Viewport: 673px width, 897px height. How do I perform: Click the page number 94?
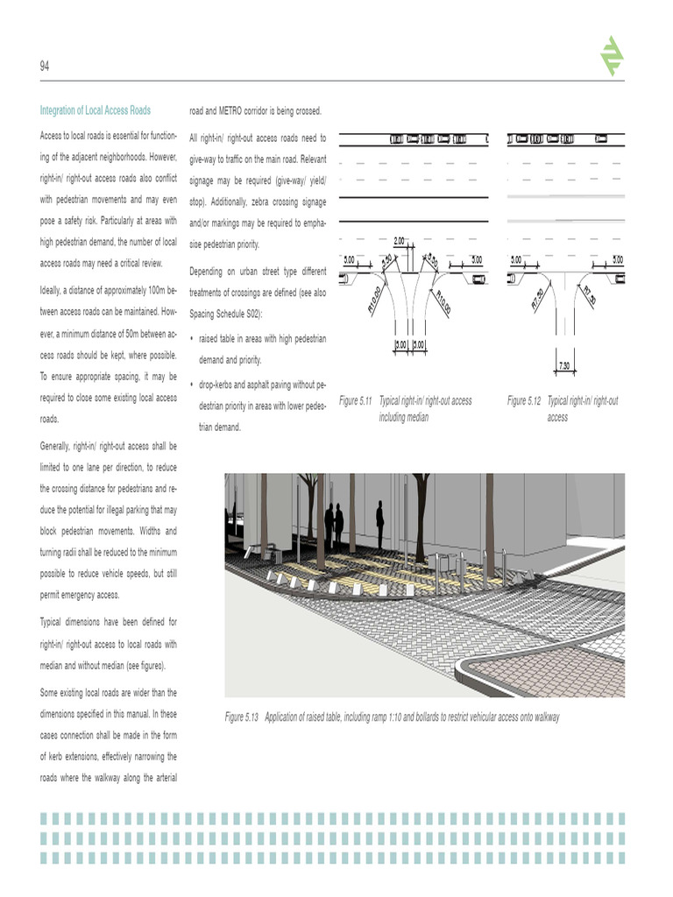(x=45, y=67)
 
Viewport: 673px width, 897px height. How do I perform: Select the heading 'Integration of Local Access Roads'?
(x=95, y=110)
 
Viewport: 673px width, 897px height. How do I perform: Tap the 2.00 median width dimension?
(x=399, y=240)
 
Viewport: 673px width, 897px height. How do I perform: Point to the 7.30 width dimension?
(x=564, y=364)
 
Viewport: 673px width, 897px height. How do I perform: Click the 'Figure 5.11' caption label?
(x=356, y=401)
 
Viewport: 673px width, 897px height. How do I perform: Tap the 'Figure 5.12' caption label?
(x=524, y=401)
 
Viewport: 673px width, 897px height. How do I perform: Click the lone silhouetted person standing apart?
(x=379, y=524)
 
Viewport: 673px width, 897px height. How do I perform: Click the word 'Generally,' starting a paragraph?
(x=59, y=446)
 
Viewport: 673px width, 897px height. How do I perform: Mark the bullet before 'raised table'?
(x=192, y=338)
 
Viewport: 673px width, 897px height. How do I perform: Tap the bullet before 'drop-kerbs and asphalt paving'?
(x=192, y=385)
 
